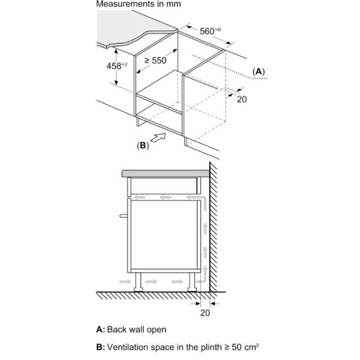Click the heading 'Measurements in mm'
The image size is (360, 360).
[x=138, y=4]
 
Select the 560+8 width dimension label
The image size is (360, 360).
[x=210, y=31]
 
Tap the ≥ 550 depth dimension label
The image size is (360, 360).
[x=155, y=60]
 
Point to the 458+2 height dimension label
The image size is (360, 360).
[x=117, y=66]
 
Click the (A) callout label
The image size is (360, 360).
[x=259, y=71]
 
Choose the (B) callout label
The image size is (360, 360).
[x=143, y=145]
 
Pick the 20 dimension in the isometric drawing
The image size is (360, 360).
[x=242, y=99]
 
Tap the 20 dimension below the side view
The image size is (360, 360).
[x=205, y=313]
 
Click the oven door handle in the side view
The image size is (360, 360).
[x=124, y=215]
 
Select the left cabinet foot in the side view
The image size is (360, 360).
[x=138, y=282]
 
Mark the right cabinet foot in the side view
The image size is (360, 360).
[x=192, y=282]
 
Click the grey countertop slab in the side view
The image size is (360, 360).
[x=165, y=174]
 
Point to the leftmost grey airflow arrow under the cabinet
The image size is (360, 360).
[x=125, y=281]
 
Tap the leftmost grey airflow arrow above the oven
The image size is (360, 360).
[x=139, y=197]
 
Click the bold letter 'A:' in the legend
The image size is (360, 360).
[x=101, y=330]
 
